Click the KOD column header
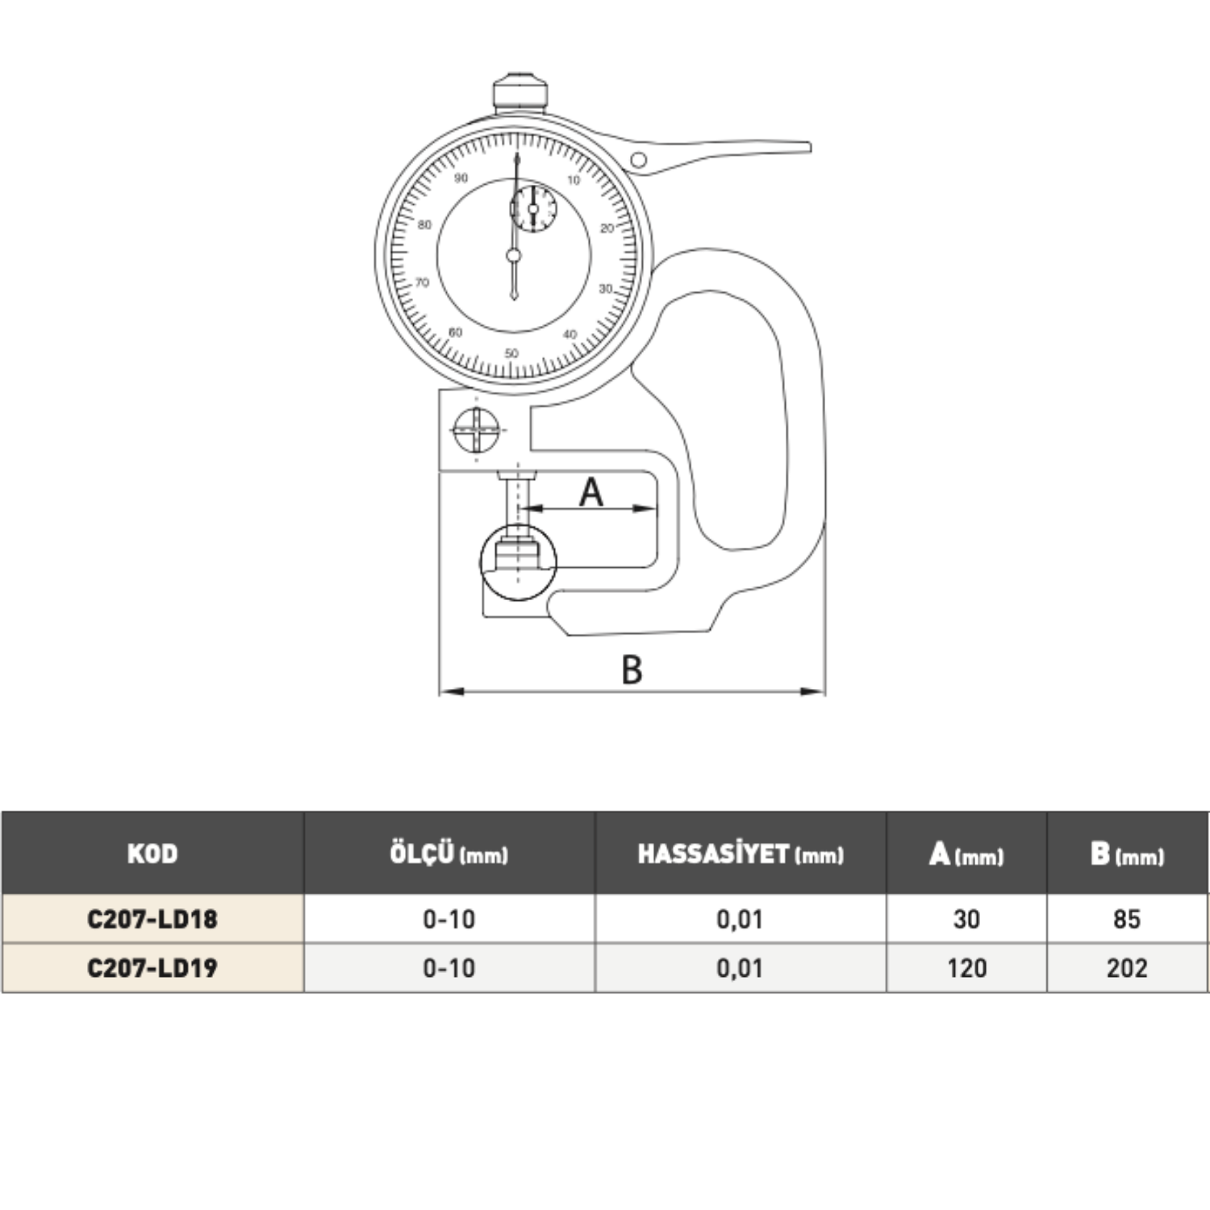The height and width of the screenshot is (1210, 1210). (152, 853)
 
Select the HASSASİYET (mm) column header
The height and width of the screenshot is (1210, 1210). (741, 853)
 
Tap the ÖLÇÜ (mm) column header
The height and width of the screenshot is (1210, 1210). (449, 853)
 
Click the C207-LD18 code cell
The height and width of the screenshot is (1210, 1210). (152, 919)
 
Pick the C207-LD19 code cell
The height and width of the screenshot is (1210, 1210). (152, 968)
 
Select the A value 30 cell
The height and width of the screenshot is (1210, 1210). (966, 919)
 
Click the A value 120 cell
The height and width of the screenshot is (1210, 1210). (966, 968)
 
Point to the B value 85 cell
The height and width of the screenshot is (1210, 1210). (1127, 919)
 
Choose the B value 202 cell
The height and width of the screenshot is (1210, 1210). (1127, 968)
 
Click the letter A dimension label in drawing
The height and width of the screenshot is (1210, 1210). (591, 491)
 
